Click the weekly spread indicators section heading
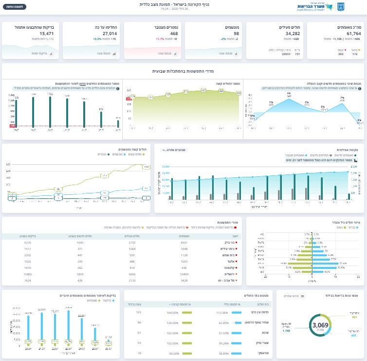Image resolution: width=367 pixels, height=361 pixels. pos(183,71)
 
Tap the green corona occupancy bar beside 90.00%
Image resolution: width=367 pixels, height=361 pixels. pos(188,353)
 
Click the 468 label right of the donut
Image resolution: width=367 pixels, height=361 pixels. pos(353,335)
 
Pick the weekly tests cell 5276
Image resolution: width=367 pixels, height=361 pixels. pos(27,242)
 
